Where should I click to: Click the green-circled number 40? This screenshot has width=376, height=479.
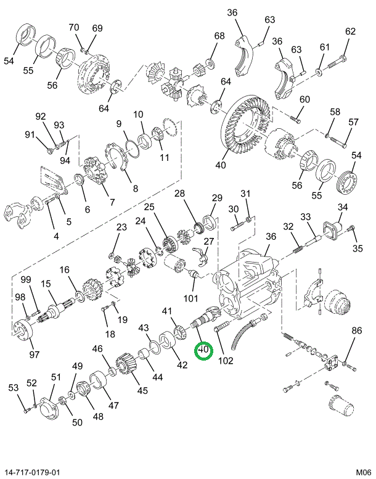point(203,351)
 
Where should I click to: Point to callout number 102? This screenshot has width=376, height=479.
point(225,361)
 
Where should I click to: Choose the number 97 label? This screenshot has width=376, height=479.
point(34,354)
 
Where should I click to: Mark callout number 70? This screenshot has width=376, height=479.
point(74,27)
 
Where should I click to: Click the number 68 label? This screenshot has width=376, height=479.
point(219,36)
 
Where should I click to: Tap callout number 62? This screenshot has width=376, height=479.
point(351,31)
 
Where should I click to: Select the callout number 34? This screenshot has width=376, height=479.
point(343,207)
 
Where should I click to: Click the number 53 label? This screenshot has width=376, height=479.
point(14,387)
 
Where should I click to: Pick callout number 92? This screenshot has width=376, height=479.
point(41,117)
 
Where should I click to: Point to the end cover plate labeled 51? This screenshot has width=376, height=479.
point(45,410)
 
